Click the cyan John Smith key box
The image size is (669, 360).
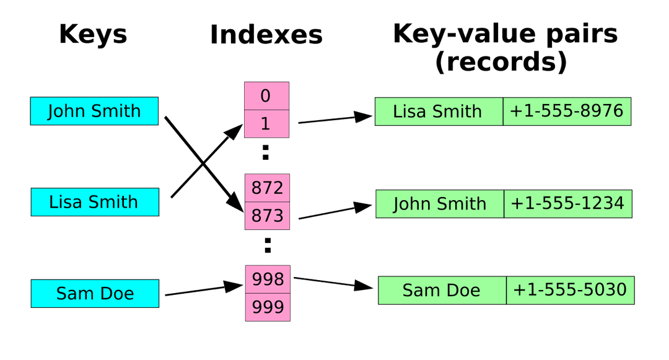tap(94, 112)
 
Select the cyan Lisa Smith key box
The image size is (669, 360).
tap(94, 202)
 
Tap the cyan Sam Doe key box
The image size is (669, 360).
tap(95, 293)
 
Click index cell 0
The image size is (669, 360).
tap(266, 96)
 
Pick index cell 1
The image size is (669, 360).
tap(266, 124)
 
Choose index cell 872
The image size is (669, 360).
tap(268, 187)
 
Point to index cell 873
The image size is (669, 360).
tap(268, 216)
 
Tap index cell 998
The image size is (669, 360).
tap(268, 279)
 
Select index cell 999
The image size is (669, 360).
tap(268, 307)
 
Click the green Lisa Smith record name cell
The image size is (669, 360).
tap(438, 112)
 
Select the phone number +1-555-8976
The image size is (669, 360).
tap(566, 112)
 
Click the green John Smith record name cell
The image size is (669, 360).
tap(439, 204)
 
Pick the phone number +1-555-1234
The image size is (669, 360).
tap(567, 204)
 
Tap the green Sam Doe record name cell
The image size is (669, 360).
tap(442, 290)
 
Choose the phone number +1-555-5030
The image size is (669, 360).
tap(570, 290)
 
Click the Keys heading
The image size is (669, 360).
tap(93, 34)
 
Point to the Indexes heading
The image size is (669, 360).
tap(266, 35)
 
